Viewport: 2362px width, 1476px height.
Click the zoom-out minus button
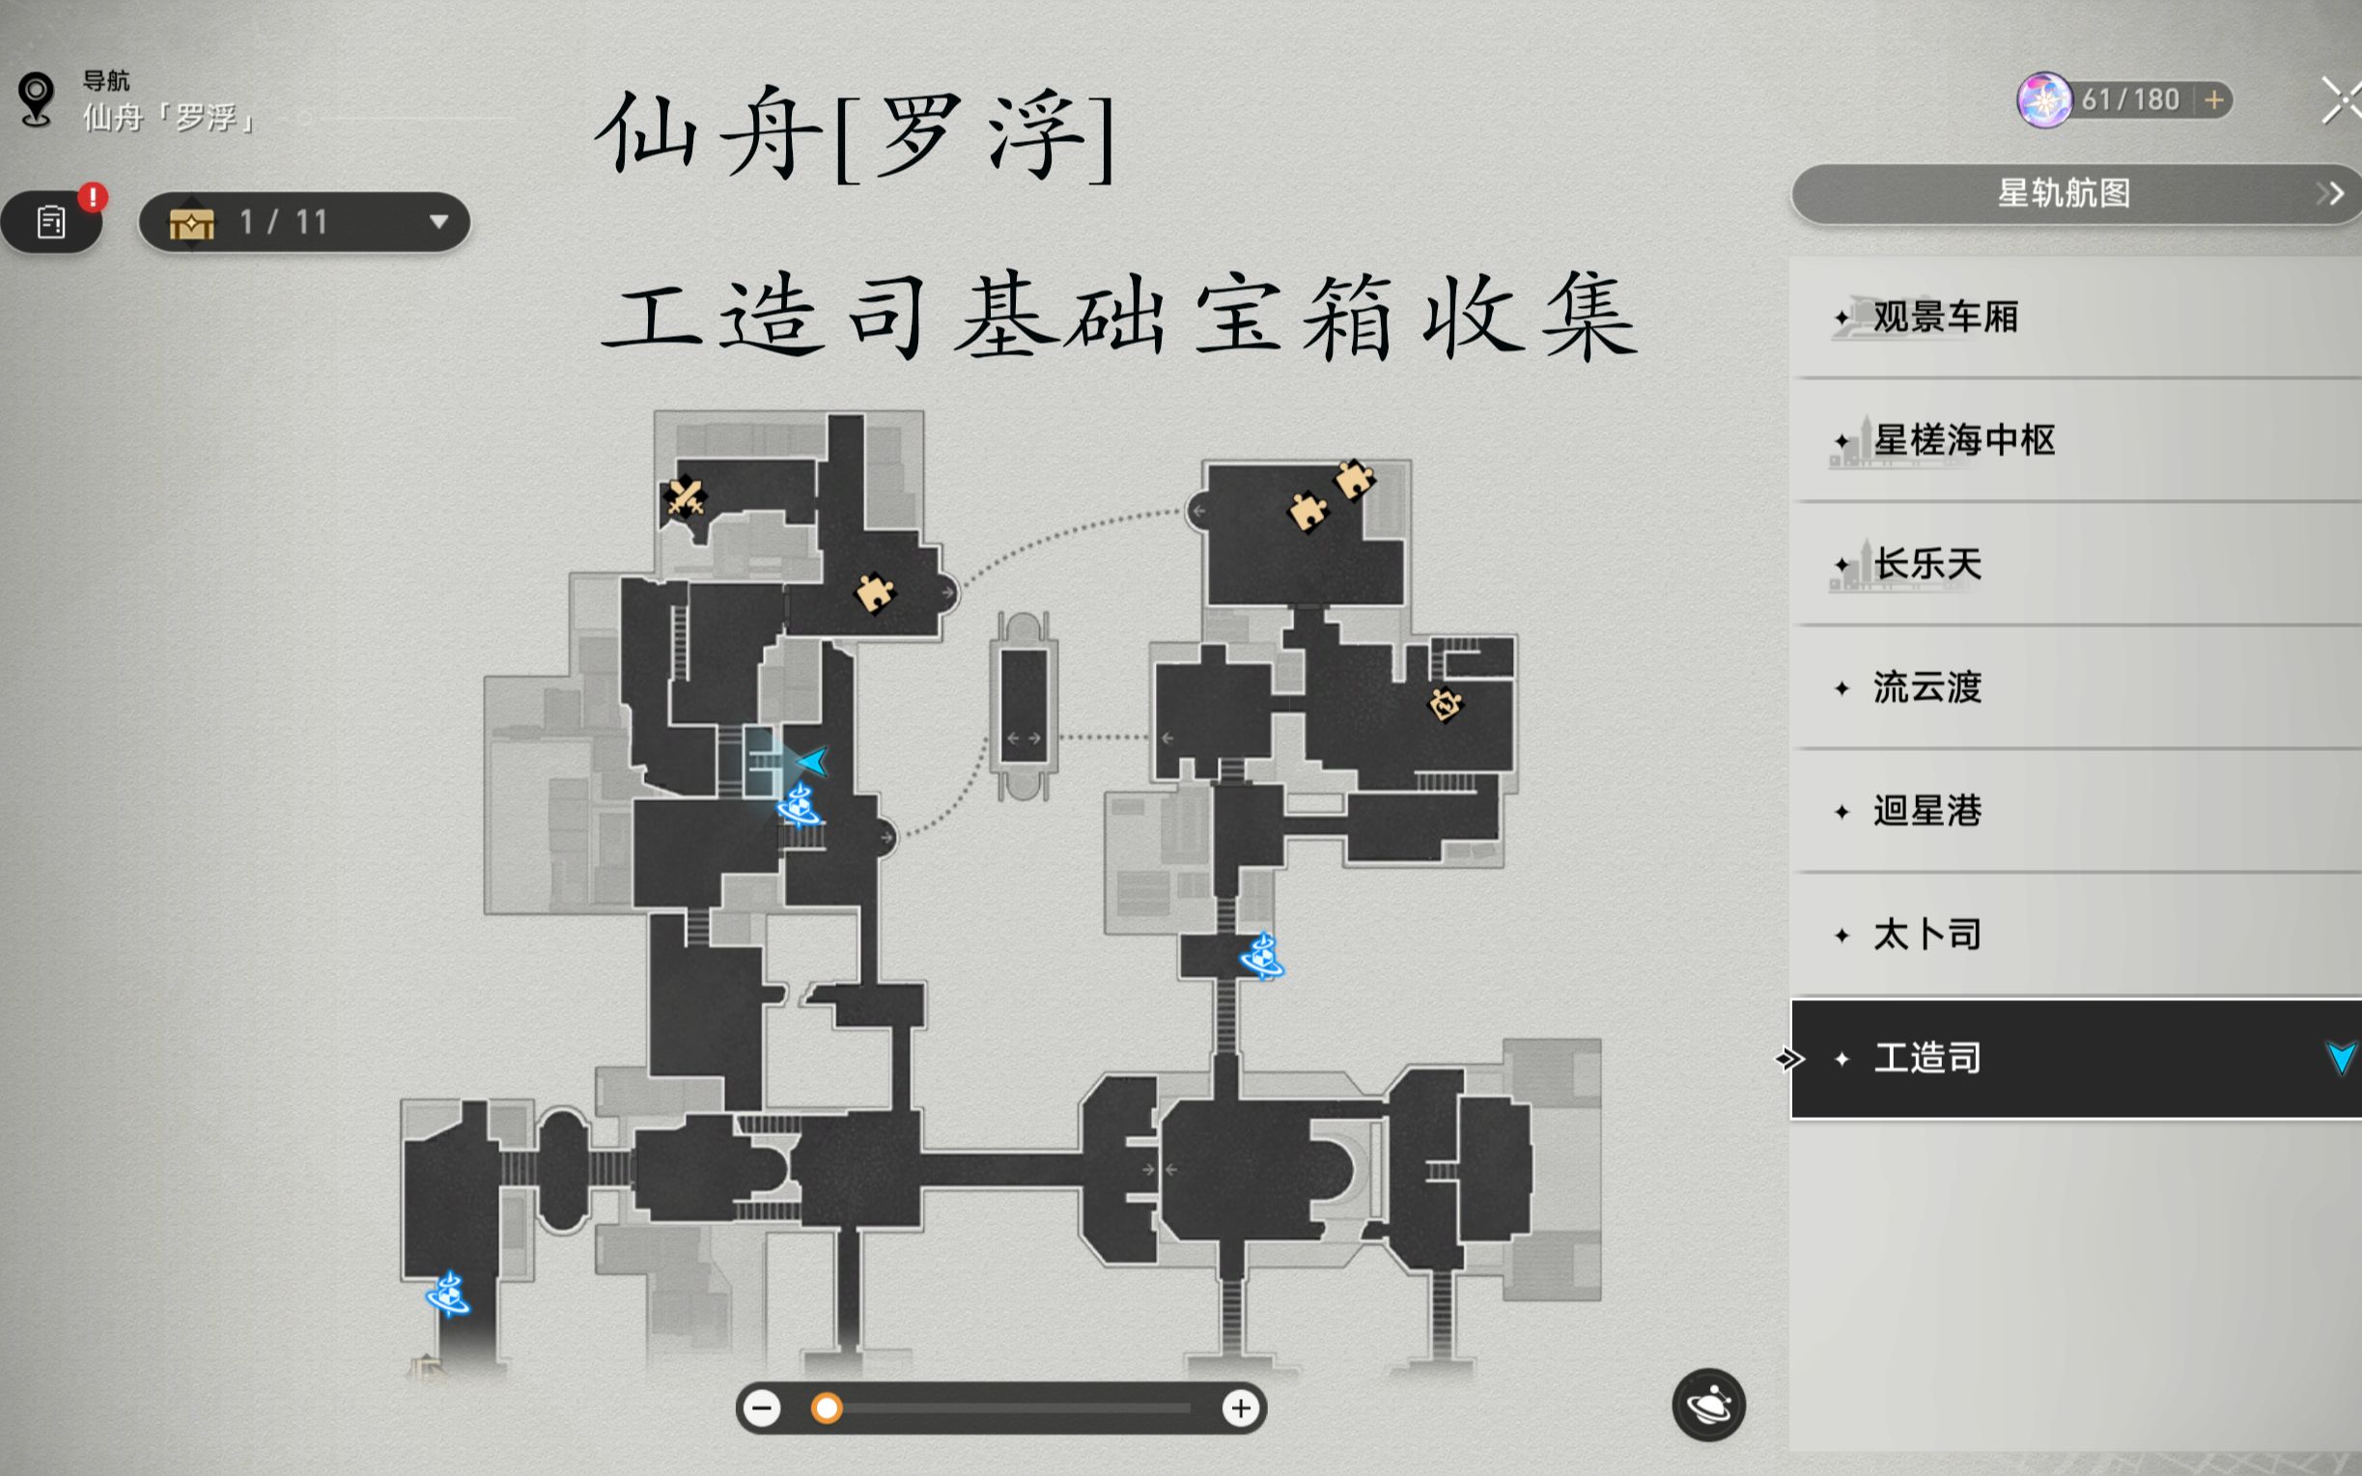click(763, 1407)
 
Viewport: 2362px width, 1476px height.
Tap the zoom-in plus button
click(1240, 1407)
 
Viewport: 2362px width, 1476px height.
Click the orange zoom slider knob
click(827, 1407)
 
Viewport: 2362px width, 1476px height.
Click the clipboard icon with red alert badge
click(51, 222)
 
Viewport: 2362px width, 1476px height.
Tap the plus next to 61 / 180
click(2213, 99)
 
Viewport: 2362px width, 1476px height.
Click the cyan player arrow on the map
click(813, 761)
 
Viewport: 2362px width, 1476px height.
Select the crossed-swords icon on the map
click(685, 497)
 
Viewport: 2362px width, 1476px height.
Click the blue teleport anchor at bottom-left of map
click(448, 1295)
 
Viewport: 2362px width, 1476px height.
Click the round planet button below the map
click(1708, 1405)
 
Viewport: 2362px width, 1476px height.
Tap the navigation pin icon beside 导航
click(36, 98)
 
